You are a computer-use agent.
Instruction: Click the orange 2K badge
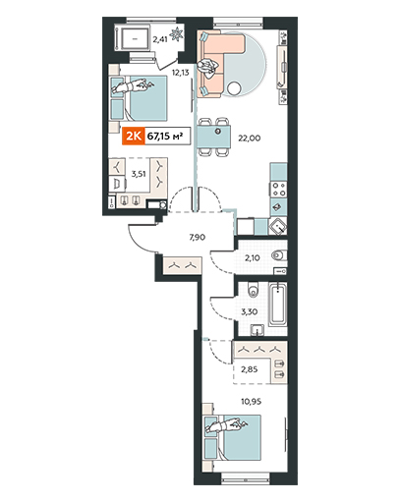(x=134, y=136)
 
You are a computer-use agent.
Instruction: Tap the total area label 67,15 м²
(x=165, y=136)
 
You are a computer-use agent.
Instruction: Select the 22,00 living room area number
(x=250, y=139)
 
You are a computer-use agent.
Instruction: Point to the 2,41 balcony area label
(x=160, y=39)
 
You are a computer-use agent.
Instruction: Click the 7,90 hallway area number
(x=198, y=237)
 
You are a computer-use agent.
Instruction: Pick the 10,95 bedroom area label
(x=251, y=401)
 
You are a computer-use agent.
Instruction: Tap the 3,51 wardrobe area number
(x=139, y=174)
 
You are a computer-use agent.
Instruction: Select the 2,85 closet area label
(x=250, y=369)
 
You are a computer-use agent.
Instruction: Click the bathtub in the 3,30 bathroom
(x=278, y=305)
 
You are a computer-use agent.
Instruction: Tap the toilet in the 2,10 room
(x=279, y=254)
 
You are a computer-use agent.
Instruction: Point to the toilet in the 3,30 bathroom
(x=253, y=290)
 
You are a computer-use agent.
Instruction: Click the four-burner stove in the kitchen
(x=279, y=189)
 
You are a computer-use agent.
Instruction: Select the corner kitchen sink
(x=278, y=226)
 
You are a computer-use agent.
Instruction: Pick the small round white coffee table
(x=235, y=88)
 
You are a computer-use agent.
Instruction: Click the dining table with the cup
(x=214, y=137)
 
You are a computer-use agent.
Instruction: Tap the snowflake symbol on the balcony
(x=177, y=34)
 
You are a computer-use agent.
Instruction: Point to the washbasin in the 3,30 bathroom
(x=258, y=330)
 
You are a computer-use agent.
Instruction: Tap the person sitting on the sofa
(x=207, y=69)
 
